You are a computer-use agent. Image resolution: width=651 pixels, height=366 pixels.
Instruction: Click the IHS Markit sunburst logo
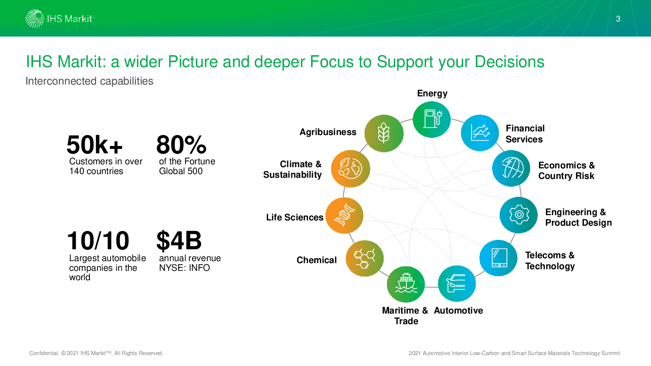coord(35,19)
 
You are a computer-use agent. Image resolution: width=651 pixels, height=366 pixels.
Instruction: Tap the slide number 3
coord(618,19)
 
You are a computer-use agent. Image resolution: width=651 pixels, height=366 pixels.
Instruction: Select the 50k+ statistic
coord(94,145)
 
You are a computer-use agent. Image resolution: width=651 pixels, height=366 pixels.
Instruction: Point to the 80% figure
coord(181,145)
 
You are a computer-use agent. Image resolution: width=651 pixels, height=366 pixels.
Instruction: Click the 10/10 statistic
coord(98,240)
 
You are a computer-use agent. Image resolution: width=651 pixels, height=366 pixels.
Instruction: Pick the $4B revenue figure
coord(179,240)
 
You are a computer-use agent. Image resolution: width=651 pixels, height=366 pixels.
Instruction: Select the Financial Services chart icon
coord(480,133)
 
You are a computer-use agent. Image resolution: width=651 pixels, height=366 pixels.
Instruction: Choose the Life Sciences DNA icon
coord(344,216)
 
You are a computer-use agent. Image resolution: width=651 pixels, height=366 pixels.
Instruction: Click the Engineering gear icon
coord(519,215)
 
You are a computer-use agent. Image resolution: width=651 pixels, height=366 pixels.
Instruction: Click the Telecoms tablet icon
coord(498,258)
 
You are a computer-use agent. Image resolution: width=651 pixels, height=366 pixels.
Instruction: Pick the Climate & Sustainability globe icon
coord(350,169)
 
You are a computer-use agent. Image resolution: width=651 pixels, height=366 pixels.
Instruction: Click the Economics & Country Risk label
coord(566,170)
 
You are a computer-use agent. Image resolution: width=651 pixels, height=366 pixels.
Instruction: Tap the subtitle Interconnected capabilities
coord(89,81)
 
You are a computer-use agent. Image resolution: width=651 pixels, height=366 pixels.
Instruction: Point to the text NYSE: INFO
coord(184,268)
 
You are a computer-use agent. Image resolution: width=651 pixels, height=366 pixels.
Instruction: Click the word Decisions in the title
coord(509,61)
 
